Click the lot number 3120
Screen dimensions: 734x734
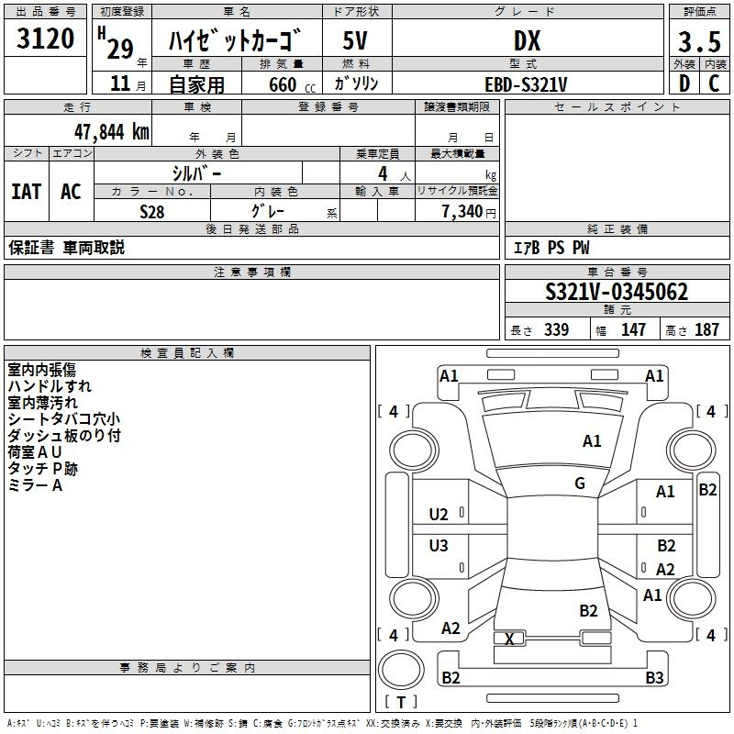(x=45, y=39)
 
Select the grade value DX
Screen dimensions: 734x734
(x=527, y=40)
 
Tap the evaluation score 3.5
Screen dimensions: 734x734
(x=698, y=42)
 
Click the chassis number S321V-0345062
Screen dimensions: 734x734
(x=617, y=293)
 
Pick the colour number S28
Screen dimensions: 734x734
(x=151, y=211)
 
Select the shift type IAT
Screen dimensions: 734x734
(x=26, y=192)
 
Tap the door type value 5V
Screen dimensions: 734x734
(x=355, y=40)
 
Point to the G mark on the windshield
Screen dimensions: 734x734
(x=580, y=484)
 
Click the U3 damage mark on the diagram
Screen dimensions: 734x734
(x=439, y=546)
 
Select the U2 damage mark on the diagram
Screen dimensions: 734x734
(x=439, y=514)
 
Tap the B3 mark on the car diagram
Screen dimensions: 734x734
(x=653, y=678)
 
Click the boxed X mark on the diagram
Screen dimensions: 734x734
(x=509, y=639)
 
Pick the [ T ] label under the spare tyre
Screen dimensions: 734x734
(x=400, y=703)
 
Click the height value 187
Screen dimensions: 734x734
(x=706, y=330)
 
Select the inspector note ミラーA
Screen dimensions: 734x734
(x=35, y=485)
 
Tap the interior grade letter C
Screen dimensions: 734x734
(x=714, y=83)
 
